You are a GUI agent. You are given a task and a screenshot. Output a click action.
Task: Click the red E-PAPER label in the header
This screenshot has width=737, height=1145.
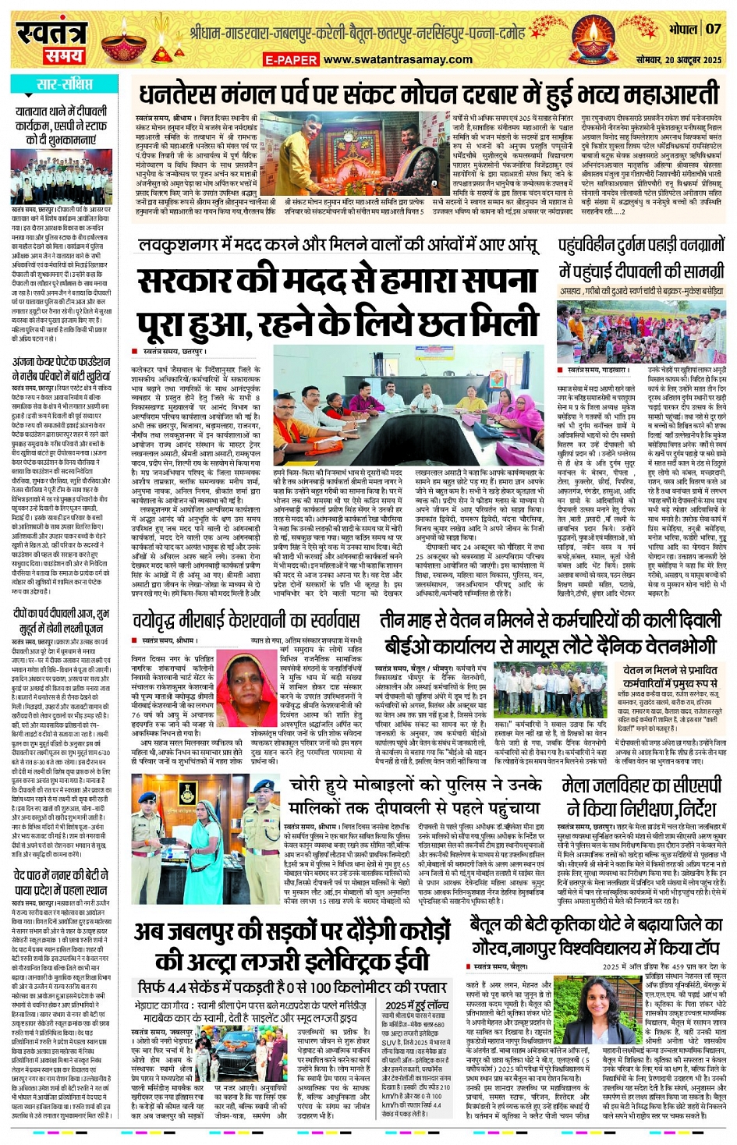coord(290,60)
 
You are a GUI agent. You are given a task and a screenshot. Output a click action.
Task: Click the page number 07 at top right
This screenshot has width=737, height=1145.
coord(714,29)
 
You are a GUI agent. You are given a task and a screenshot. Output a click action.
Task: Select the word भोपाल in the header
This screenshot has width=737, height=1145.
coord(682,30)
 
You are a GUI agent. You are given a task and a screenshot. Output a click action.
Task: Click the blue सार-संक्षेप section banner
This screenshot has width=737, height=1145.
coord(63,83)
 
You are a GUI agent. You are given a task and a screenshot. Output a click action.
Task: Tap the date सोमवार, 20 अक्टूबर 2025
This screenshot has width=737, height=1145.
coord(678,60)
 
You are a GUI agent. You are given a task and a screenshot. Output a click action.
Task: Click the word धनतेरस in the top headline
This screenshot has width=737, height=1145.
coord(179,94)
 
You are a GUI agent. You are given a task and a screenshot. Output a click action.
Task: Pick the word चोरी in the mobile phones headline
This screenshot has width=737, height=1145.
coord(310,784)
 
